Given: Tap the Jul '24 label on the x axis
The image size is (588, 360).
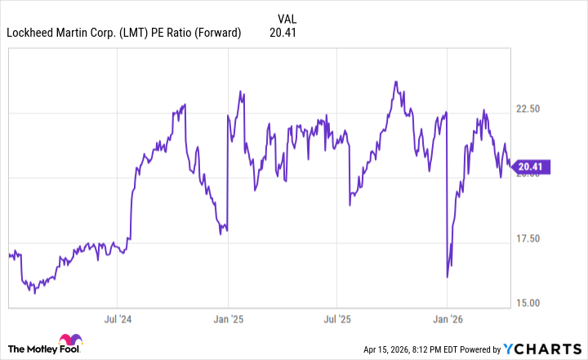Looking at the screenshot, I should pos(118,319).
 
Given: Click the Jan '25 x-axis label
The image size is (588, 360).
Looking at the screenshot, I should pos(228,319).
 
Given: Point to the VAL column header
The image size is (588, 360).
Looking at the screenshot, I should pos(287,18).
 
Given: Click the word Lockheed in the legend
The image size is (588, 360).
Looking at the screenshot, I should pos(30,33).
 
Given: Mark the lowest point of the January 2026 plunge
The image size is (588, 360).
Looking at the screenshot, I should pos(448,278).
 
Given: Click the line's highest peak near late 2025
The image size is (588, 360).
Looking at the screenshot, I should pos(396,82).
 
